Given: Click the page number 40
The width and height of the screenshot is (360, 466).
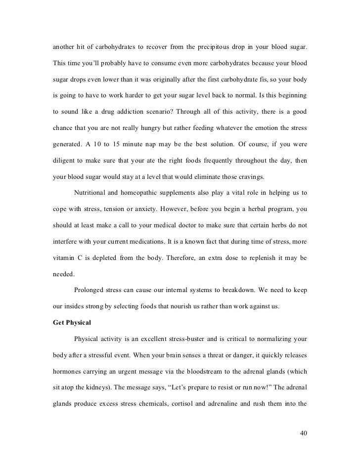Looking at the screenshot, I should (x=304, y=433).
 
